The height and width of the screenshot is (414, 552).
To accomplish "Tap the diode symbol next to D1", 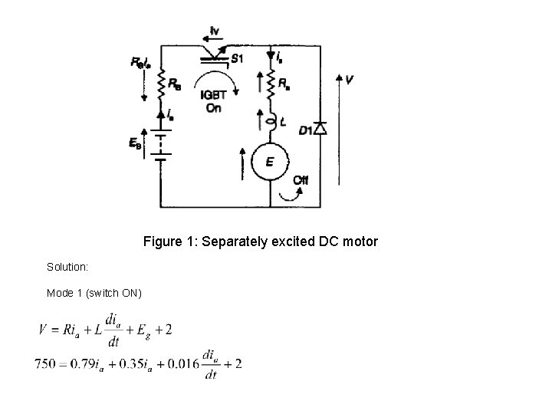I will click(x=320, y=127).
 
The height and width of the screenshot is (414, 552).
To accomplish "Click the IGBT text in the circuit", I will click(x=215, y=95).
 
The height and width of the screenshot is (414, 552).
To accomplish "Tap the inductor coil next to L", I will click(x=271, y=120).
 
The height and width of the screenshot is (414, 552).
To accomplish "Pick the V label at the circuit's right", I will click(x=350, y=79).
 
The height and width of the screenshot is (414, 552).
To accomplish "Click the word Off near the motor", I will click(x=301, y=179).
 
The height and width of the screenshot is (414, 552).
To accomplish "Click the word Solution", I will click(x=67, y=267).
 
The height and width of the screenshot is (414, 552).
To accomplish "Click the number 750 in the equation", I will click(x=46, y=364).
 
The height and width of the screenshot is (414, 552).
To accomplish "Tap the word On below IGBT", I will click(x=214, y=107).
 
